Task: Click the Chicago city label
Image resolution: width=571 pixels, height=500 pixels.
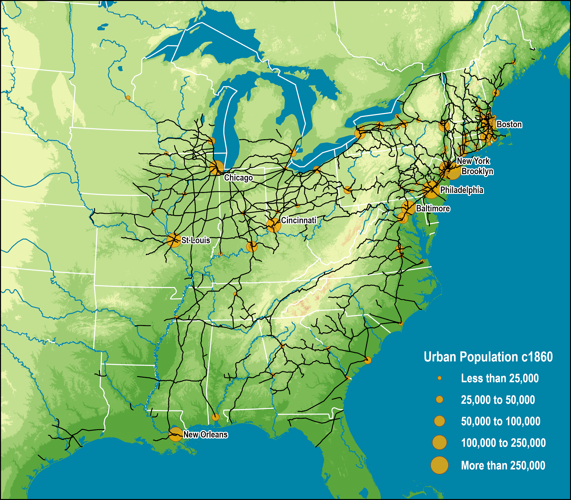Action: [238, 178]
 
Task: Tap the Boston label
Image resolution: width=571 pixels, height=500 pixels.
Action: [509, 125]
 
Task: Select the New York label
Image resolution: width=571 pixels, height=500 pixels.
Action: [473, 161]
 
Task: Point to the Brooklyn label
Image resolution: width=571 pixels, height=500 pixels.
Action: [477, 171]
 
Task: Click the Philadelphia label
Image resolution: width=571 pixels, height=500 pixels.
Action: [462, 190]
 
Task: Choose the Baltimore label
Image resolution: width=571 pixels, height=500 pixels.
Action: [433, 208]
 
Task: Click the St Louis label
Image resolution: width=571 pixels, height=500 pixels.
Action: [196, 240]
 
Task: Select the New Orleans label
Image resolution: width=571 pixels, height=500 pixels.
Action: [205, 434]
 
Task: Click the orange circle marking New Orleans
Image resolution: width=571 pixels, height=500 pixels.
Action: [176, 434]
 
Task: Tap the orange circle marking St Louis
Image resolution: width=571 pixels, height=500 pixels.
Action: [174, 240]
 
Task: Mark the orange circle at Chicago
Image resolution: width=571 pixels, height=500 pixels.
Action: [217, 168]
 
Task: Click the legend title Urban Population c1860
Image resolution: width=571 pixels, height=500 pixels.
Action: [488, 357]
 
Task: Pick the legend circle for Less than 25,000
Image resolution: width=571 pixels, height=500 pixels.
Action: [439, 378]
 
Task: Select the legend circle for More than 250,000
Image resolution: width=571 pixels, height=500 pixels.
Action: [439, 465]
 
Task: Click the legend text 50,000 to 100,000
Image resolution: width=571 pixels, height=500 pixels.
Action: [500, 421]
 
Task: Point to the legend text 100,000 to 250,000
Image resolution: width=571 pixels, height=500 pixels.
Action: [503, 443]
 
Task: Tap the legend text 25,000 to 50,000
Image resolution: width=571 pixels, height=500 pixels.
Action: [498, 400]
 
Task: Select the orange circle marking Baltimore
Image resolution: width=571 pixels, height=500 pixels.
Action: [409, 208]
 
